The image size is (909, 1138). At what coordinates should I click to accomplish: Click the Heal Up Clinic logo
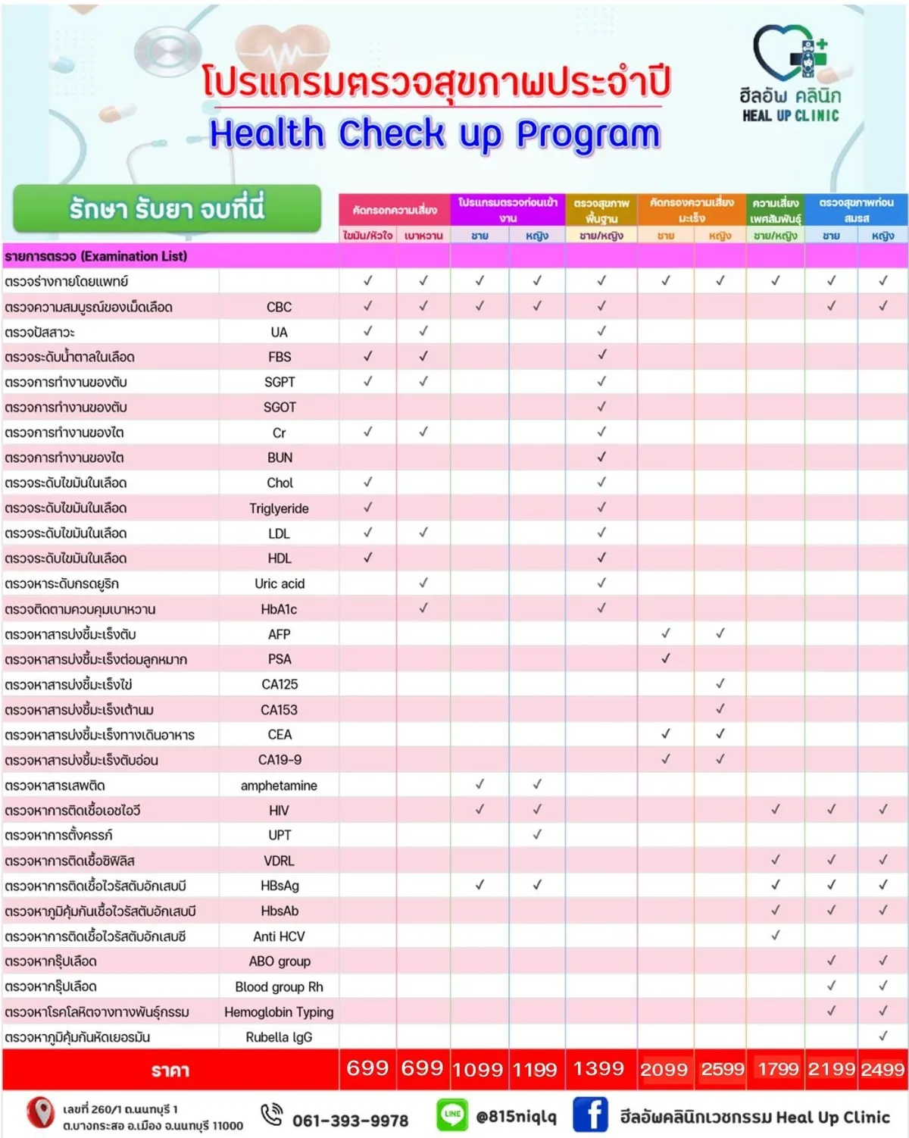[791, 73]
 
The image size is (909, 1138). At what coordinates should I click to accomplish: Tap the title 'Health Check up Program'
[435, 134]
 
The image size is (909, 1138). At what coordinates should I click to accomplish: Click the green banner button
[167, 208]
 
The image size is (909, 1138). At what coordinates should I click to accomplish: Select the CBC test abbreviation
[279, 307]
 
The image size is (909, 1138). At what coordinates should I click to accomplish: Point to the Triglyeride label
[279, 508]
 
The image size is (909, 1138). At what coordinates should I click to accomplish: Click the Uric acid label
[280, 583]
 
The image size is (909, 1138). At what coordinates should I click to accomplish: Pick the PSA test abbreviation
[280, 659]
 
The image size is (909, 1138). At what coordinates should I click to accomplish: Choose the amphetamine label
[279, 786]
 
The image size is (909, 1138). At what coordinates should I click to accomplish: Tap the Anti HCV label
[279, 936]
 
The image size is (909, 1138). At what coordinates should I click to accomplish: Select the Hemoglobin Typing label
[279, 1012]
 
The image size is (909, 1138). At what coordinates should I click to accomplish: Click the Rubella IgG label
[279, 1037]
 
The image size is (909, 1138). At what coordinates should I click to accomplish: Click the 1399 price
[598, 1068]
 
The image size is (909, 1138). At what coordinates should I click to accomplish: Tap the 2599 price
[722, 1069]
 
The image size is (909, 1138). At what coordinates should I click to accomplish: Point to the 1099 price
[477, 1069]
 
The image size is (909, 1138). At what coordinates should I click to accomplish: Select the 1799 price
[778, 1069]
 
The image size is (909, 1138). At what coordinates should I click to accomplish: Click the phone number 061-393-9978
[350, 1120]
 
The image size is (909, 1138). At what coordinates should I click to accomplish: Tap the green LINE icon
[452, 1114]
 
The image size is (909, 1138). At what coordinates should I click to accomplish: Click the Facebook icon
[590, 1115]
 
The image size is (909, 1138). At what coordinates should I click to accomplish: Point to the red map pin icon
[40, 1111]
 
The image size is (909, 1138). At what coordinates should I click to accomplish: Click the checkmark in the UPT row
[537, 835]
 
